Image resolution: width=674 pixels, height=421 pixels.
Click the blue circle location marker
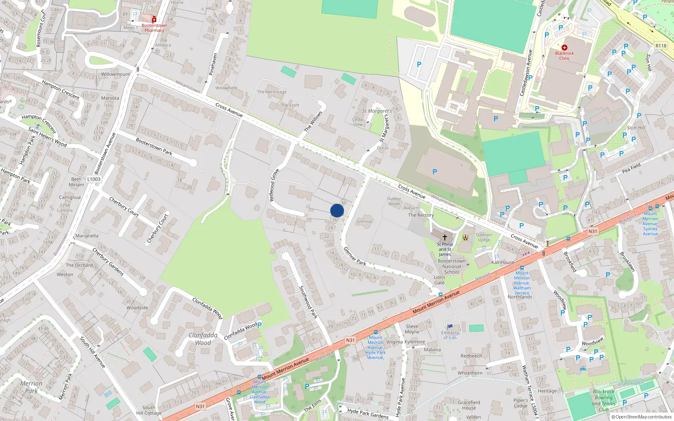[x=337, y=210]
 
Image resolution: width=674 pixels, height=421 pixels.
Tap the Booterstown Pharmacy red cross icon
[x=154, y=19]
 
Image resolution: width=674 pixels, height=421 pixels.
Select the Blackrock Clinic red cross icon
[x=564, y=48]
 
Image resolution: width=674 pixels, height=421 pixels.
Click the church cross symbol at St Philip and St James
[x=444, y=237]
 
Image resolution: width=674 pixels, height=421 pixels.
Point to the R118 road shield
[x=661, y=46]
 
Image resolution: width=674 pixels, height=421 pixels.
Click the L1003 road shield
[x=94, y=179]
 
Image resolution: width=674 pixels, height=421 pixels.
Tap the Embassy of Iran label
[x=450, y=335]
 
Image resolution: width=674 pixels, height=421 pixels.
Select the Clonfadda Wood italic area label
[x=203, y=339]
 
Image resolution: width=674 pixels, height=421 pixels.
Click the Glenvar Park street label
[x=355, y=256]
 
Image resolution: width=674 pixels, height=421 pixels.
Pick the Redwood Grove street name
[x=274, y=185]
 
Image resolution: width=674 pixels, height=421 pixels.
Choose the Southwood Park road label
[x=308, y=302]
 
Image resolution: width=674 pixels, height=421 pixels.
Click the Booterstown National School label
[x=452, y=266]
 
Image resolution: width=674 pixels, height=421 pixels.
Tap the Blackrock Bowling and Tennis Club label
[x=604, y=400]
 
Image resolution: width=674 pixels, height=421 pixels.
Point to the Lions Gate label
[x=439, y=280]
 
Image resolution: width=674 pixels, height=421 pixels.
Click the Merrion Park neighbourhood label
[x=31, y=387]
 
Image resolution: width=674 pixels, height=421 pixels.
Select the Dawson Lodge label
[x=484, y=237]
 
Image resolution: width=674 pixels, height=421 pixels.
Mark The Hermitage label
[x=272, y=92]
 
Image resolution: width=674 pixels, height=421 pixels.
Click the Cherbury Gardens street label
[x=108, y=262]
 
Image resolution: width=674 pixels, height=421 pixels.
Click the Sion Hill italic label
[x=636, y=128]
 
